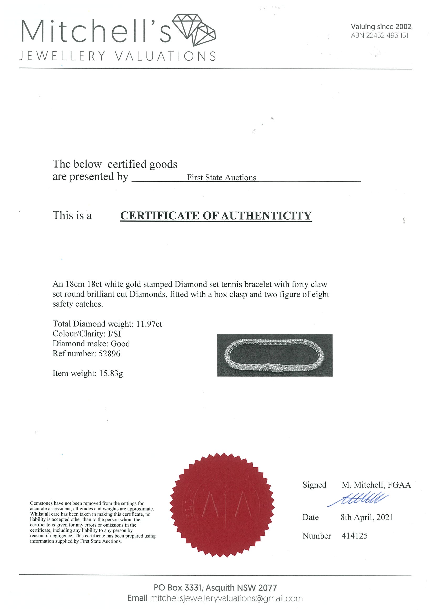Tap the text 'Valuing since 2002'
381,27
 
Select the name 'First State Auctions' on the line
221,178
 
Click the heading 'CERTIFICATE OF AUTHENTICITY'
216,216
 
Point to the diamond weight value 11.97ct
149,324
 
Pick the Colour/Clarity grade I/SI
114,334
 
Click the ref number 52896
109,353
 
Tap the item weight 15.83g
111,373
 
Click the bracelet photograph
275,355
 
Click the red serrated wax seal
222,505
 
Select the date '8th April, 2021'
367,517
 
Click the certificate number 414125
354,536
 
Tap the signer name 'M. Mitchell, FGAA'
376,485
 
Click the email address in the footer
226,599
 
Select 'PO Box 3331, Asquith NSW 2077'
215,588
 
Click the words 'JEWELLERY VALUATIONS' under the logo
118,56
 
